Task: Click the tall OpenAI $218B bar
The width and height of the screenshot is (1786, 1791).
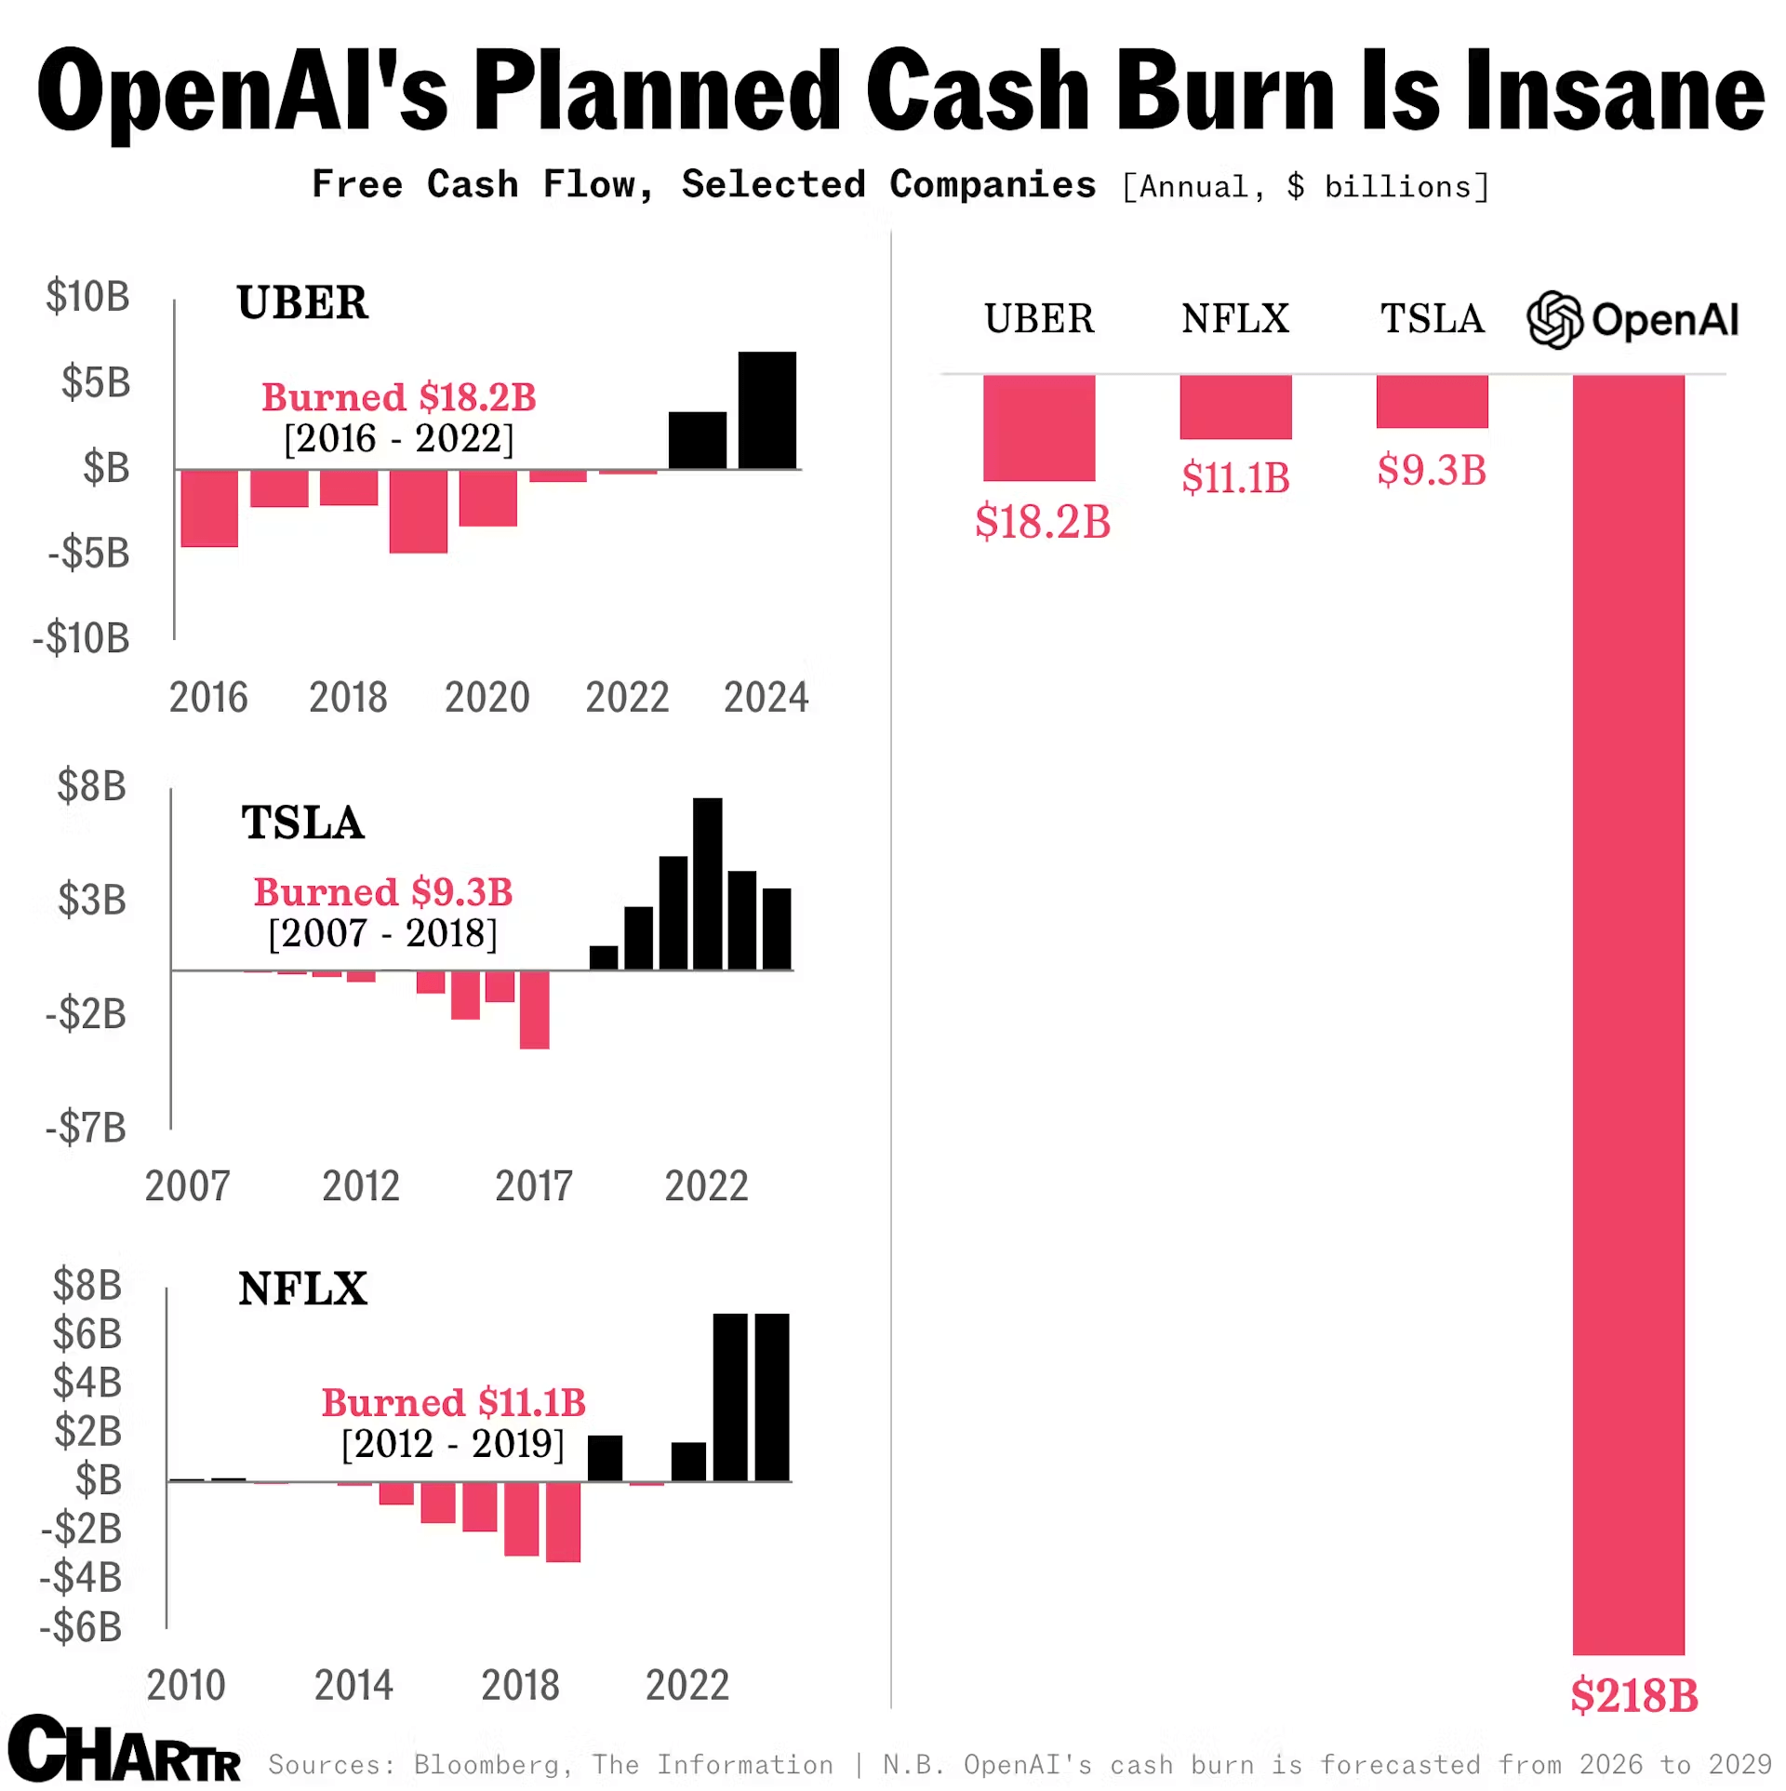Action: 1628,1014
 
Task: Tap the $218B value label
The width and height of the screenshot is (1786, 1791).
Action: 1633,1695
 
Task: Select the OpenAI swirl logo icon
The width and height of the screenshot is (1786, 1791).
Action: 1554,320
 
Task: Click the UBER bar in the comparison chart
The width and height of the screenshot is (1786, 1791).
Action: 1038,427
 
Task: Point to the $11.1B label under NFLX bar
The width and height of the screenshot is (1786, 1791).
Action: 1235,478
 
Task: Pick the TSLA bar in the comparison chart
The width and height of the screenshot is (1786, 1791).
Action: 1432,402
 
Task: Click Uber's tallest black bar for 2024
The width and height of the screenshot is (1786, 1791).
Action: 766,410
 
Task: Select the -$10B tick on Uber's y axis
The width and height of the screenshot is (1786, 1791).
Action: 82,639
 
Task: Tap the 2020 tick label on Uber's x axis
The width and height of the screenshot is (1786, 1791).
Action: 486,698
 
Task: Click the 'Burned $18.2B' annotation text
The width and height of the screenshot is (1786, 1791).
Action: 398,397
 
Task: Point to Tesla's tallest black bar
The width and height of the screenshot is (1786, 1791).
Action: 707,884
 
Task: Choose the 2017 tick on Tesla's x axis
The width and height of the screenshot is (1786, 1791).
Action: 533,1186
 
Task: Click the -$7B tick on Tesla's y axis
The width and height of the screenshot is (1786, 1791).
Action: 86,1129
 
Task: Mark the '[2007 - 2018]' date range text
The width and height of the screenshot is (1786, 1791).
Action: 382,933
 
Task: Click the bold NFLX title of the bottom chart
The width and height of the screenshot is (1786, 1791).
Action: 302,1290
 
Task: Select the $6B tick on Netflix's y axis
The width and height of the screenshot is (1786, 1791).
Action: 87,1334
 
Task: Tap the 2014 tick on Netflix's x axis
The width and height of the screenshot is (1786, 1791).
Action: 353,1686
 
